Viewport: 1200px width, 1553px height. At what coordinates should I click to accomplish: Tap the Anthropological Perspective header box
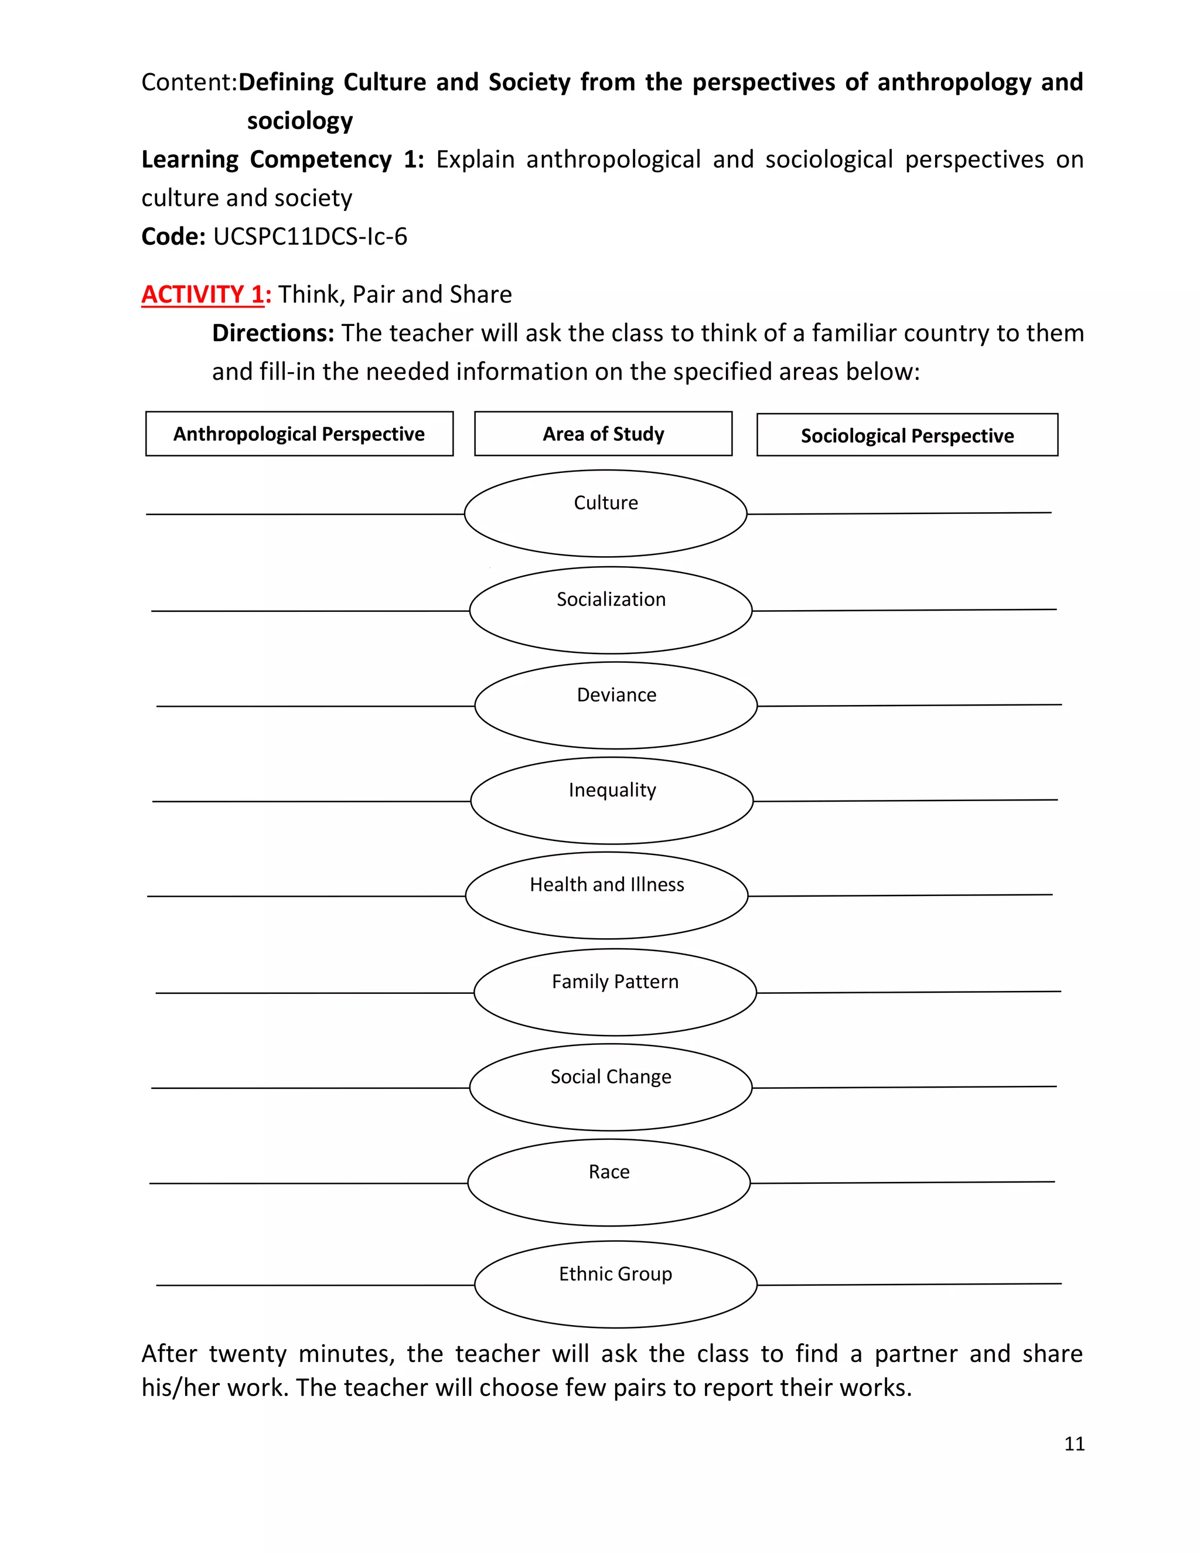299,434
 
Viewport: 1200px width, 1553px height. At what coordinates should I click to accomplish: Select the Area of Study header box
603,434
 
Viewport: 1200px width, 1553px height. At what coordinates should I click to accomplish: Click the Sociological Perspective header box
907,435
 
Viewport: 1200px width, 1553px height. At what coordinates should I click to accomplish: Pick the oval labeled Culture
606,513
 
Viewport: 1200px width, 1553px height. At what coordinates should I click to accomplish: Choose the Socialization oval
611,609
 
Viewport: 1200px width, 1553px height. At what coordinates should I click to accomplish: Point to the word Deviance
616,694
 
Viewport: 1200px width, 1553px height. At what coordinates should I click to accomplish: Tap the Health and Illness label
606,884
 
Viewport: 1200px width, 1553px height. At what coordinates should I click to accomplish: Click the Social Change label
611,1077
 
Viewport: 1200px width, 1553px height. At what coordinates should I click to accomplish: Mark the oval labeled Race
609,1182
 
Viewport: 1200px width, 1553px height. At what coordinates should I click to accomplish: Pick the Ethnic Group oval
616,1283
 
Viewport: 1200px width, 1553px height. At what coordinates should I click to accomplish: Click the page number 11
1074,1443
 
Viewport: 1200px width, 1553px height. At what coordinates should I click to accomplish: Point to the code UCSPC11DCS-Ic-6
310,236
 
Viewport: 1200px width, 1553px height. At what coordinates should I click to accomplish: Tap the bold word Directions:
273,333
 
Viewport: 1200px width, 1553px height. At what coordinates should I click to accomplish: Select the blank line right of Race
902,1182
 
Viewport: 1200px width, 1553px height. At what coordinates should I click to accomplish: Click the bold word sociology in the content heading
299,121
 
